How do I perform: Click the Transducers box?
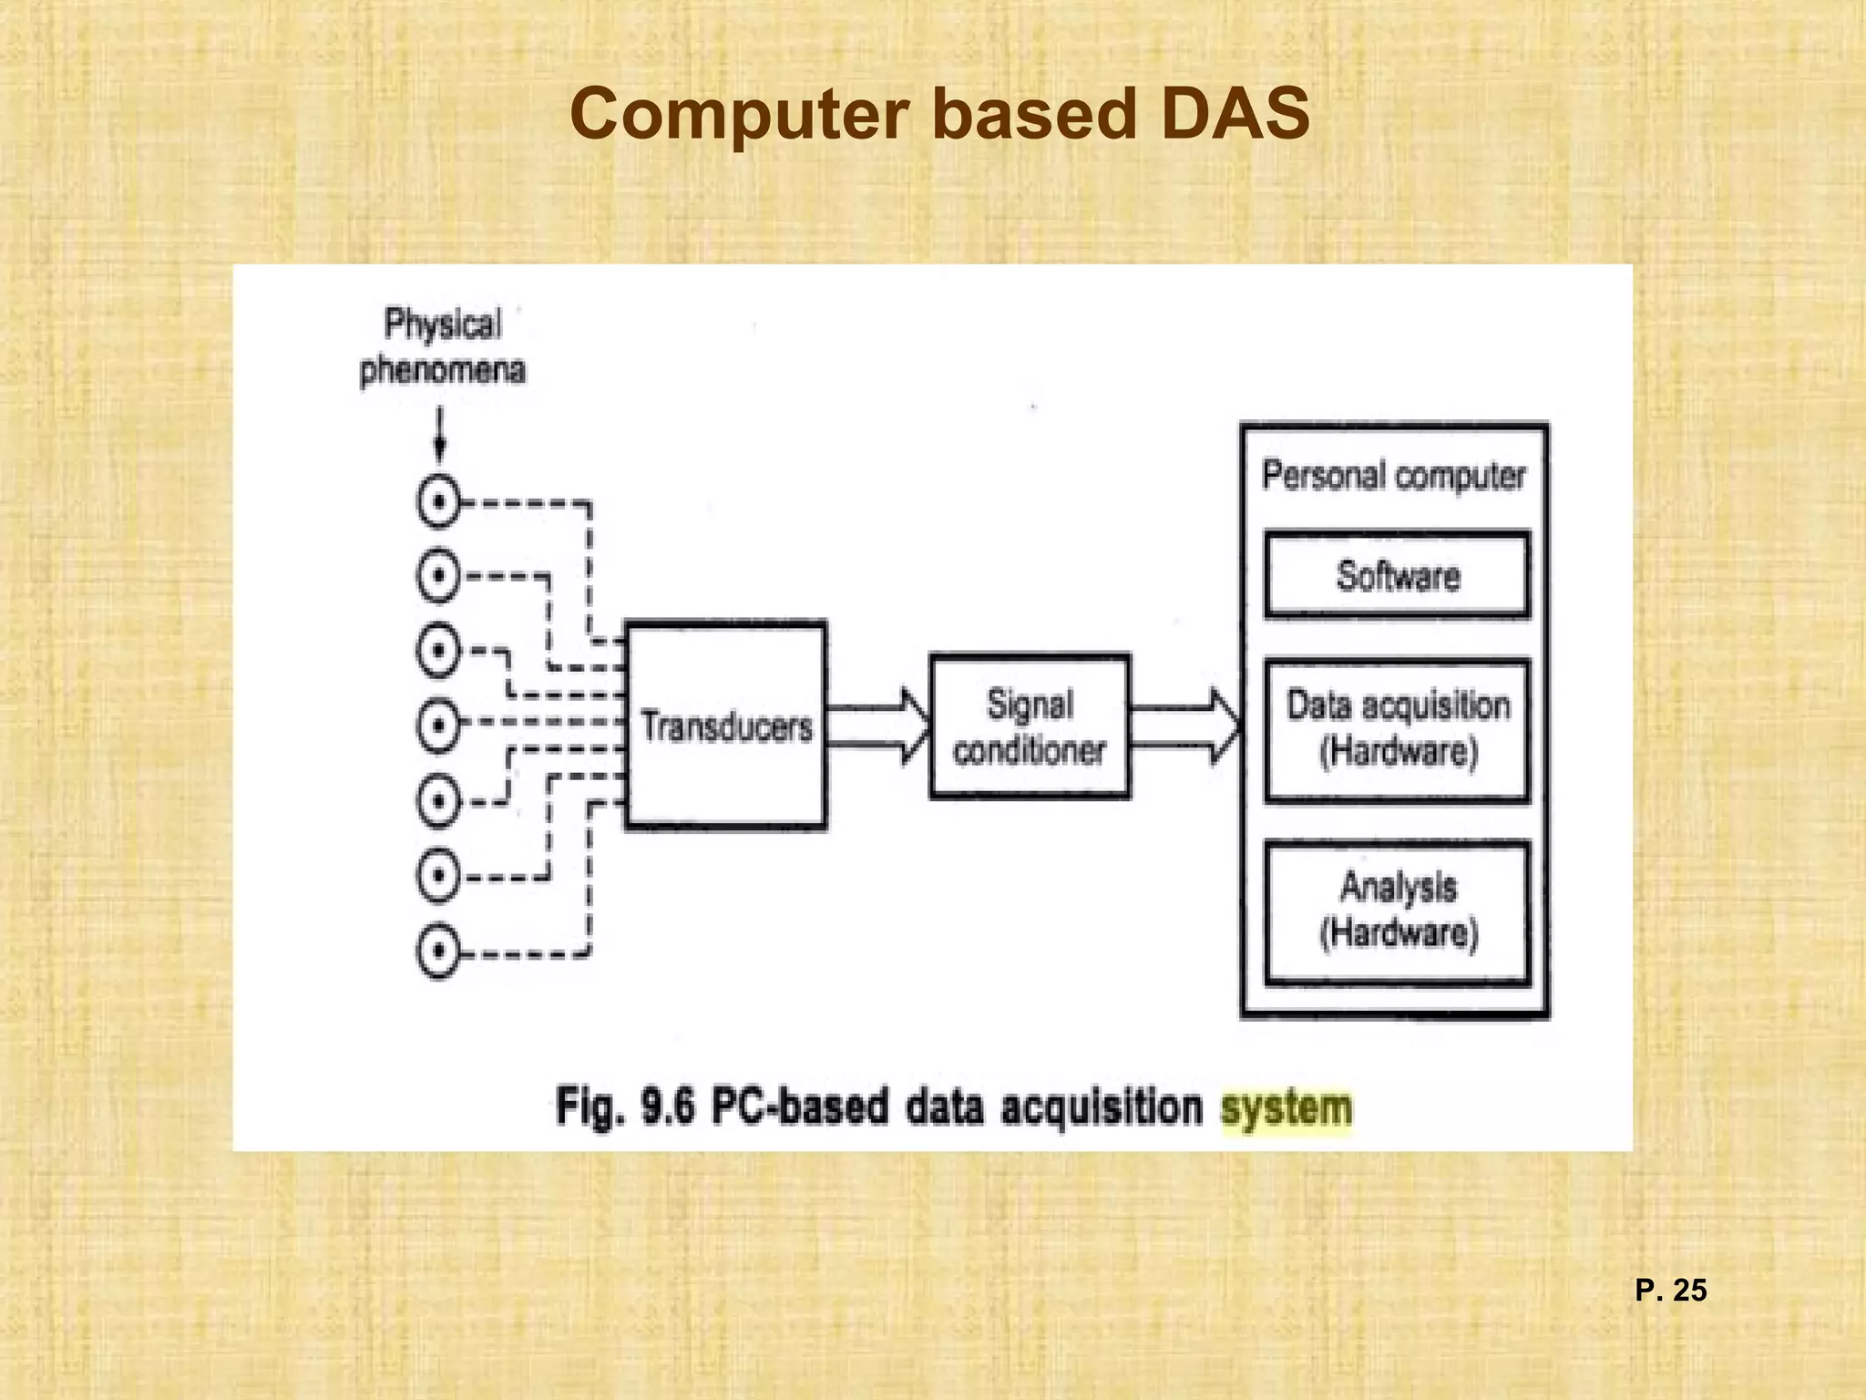pos(726,726)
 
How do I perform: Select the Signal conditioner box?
pos(1030,726)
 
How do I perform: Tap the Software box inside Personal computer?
pos(1397,575)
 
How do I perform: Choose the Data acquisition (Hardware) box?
pos(1397,729)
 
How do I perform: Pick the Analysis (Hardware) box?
pos(1397,911)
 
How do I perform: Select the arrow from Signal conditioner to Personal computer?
pos(1185,726)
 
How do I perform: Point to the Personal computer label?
pos(1393,476)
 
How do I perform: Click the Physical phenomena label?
pos(443,347)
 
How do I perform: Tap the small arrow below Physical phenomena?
pos(440,436)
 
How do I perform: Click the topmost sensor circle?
pos(438,502)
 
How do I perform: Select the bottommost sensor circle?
pos(438,952)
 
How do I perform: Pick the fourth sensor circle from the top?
pos(438,726)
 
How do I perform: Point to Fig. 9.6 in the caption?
pos(625,1107)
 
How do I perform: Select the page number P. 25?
pos(1670,1290)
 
